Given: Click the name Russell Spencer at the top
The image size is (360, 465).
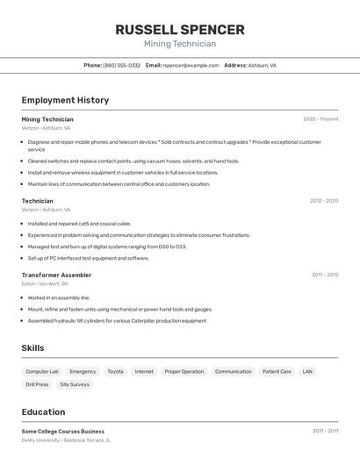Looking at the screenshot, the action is click(180, 30).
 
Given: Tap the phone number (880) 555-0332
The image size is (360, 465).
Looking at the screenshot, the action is click(121, 66).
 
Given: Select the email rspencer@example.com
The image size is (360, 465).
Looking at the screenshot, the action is click(190, 66).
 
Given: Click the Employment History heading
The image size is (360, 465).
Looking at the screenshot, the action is click(65, 100).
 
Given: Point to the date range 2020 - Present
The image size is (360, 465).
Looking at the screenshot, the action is click(320, 119).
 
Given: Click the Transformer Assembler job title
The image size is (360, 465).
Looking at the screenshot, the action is click(56, 275).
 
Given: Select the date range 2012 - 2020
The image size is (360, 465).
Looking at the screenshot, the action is click(323, 201).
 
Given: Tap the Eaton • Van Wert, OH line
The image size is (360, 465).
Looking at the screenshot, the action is click(45, 283).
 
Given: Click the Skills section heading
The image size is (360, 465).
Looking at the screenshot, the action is click(32, 348).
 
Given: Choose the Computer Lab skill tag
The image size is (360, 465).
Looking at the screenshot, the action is click(42, 371).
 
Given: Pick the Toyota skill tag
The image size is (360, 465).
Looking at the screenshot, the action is click(115, 371).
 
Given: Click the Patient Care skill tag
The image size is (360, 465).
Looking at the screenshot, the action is click(277, 371).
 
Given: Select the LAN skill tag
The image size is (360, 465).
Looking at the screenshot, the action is click(307, 371).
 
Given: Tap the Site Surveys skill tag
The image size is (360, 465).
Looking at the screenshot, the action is click(74, 384).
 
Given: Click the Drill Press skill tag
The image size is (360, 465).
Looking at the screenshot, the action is click(37, 384).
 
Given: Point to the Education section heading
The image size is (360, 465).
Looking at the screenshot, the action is click(43, 411).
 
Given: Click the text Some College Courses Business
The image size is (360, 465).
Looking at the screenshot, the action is click(63, 432).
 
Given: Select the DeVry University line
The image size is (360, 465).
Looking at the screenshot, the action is click(66, 440).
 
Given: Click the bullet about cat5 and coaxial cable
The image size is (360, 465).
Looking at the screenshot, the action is click(79, 224).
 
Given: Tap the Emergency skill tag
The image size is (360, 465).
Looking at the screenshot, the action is click(83, 371).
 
